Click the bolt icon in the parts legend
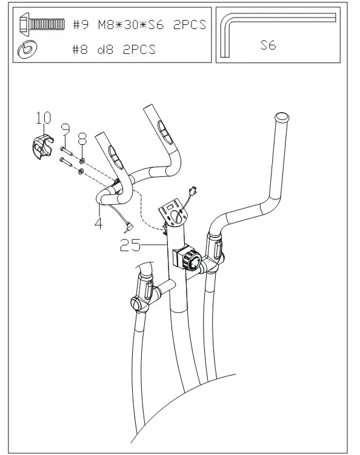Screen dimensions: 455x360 pos(41,24)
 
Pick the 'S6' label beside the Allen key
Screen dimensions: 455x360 pos(268,45)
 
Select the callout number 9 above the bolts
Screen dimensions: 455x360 pos(65,128)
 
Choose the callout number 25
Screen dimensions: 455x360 pos(130,245)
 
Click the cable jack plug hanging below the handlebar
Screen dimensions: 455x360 pos(128,227)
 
